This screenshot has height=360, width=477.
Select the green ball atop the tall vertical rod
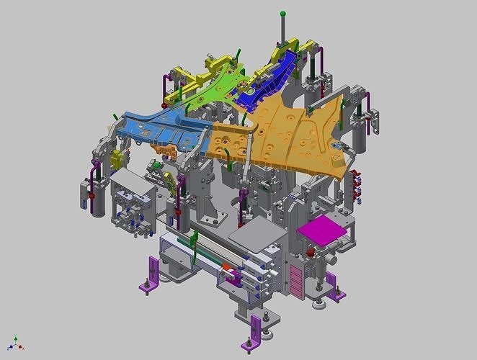284,14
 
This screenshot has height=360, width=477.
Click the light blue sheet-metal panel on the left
155,129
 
